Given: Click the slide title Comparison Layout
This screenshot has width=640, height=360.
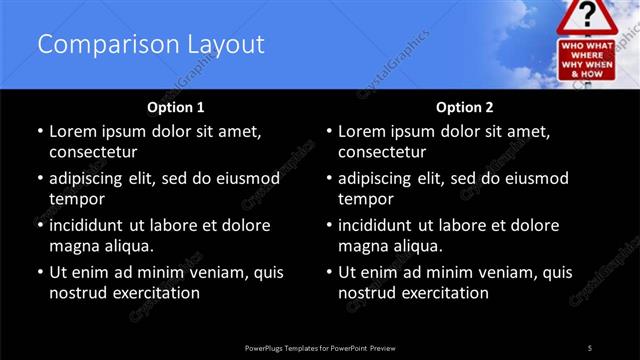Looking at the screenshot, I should [x=151, y=45].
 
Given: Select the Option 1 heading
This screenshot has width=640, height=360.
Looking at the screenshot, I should [x=175, y=106].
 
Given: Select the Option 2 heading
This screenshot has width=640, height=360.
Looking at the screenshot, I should [x=464, y=106].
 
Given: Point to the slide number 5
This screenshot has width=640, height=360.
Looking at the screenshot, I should [x=589, y=347].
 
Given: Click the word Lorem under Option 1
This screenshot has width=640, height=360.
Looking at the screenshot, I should [x=74, y=131].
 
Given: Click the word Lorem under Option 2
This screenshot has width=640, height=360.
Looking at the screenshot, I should [x=363, y=131].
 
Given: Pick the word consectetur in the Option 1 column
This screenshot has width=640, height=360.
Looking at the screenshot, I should [x=93, y=152].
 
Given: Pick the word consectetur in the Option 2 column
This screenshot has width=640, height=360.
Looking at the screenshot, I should [x=382, y=152].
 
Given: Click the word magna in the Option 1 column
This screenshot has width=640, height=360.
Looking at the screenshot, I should [x=73, y=246].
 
